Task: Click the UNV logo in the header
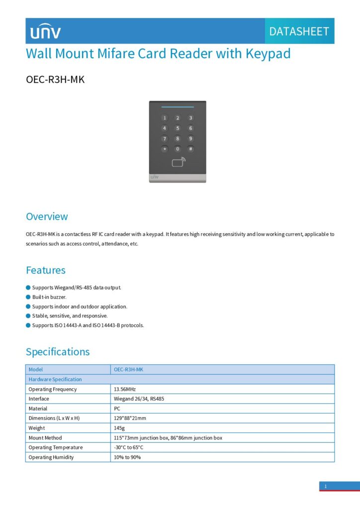click(45, 32)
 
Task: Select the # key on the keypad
click(190, 149)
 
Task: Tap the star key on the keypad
click(165, 149)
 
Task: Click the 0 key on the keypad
click(178, 149)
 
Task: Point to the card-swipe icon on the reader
click(178, 162)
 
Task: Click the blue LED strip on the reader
click(178, 106)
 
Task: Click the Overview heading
click(47, 217)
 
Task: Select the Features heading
click(46, 270)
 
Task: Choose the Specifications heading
click(58, 352)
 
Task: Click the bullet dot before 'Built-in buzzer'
click(28, 297)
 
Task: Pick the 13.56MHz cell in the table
click(124, 389)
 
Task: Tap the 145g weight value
click(119, 428)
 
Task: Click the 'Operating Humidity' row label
click(51, 457)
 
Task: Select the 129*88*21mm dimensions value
click(130, 418)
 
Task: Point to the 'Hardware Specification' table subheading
click(55, 379)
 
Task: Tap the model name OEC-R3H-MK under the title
click(55, 80)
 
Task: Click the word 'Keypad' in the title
click(268, 54)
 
